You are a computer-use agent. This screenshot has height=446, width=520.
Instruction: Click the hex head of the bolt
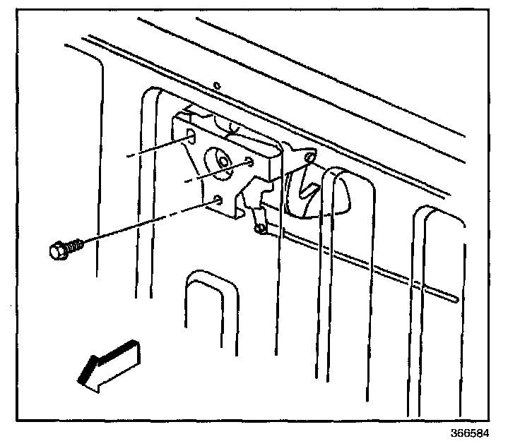click(x=58, y=250)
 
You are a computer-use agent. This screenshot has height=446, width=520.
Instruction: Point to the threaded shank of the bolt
click(x=76, y=245)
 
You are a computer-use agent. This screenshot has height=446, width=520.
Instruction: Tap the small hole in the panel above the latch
click(x=218, y=86)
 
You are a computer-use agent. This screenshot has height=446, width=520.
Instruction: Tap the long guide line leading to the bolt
click(x=141, y=226)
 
